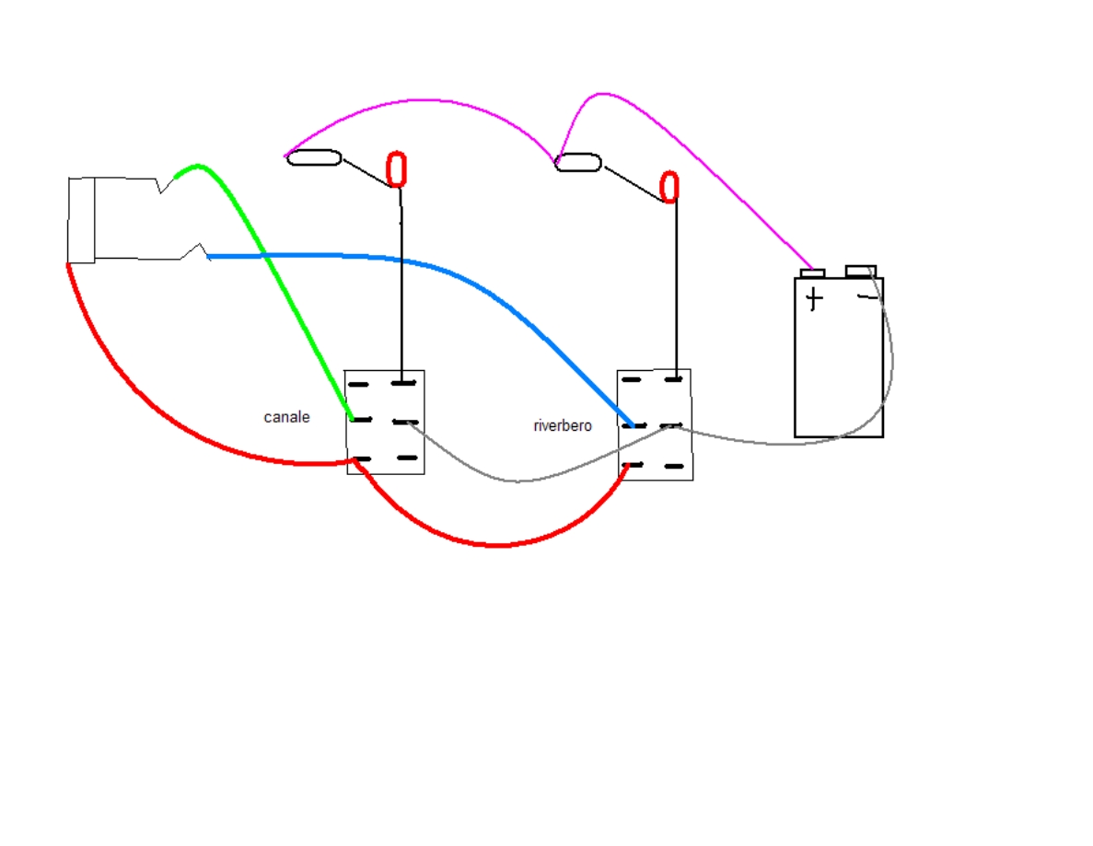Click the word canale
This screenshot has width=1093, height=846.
click(x=286, y=417)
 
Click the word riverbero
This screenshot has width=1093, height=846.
click(x=563, y=426)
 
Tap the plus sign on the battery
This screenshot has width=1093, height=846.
click(x=813, y=299)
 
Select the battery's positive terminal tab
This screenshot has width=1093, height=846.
click(x=812, y=272)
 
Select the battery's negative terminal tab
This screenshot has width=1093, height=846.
click(x=861, y=271)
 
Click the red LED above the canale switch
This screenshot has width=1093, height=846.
click(x=396, y=170)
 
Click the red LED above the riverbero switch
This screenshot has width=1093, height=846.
click(x=669, y=187)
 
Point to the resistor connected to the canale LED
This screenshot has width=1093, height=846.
click(x=314, y=158)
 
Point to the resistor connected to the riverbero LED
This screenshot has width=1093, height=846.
click(x=578, y=163)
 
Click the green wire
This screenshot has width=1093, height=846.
click(x=276, y=276)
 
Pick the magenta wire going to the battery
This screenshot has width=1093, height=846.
click(x=709, y=166)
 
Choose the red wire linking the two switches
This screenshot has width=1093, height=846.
click(x=497, y=545)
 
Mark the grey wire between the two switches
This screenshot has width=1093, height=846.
click(x=516, y=480)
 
